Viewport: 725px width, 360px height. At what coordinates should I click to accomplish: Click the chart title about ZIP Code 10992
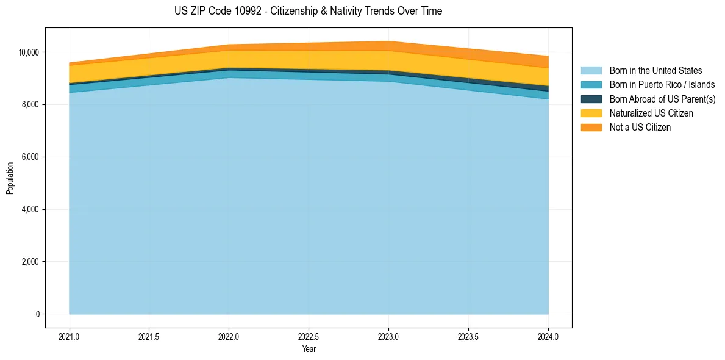308,11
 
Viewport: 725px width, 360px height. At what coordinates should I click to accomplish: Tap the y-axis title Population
10,178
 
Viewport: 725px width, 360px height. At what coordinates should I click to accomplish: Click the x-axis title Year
309,350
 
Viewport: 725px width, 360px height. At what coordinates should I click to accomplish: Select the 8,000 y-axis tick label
29,105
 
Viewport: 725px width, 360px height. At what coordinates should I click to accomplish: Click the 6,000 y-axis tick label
29,157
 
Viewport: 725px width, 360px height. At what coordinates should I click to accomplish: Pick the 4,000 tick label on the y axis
29,210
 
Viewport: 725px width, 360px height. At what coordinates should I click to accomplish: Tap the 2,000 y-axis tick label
29,262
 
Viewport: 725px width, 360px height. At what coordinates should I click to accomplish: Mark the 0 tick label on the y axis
37,314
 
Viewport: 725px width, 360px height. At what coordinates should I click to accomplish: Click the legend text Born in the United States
655,71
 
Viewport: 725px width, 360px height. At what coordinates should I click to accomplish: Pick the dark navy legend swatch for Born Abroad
591,99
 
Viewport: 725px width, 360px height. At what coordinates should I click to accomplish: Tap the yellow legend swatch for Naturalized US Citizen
591,113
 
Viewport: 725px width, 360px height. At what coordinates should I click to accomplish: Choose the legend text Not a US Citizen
640,128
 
